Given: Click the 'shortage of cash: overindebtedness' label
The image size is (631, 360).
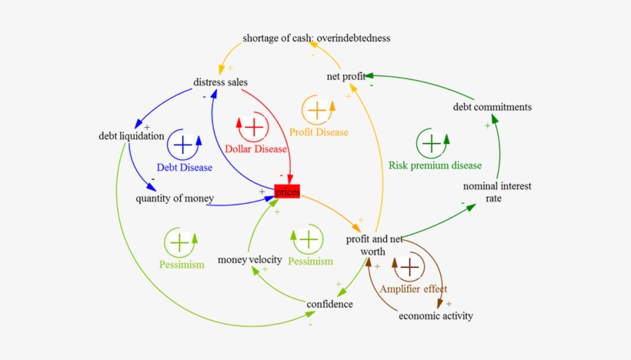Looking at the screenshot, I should pyautogui.click(x=316, y=38).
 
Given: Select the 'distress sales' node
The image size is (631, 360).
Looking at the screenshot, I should pyautogui.click(x=220, y=82).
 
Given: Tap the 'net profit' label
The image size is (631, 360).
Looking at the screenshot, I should pyautogui.click(x=346, y=76).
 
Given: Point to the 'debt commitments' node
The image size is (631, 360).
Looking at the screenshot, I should pyautogui.click(x=492, y=107).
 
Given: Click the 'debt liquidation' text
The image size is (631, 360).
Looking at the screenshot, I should pyautogui.click(x=132, y=136).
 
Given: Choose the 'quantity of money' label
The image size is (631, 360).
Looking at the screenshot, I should pyautogui.click(x=175, y=198).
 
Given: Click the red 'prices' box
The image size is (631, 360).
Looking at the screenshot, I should pyautogui.click(x=287, y=192).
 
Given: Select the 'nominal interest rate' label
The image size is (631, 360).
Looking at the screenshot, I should pyautogui.click(x=497, y=192).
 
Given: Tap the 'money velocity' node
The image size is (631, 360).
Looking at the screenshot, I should pyautogui.click(x=249, y=259).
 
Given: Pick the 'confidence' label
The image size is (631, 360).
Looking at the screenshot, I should pyautogui.click(x=329, y=304).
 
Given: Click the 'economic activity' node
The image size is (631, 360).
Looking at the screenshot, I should pyautogui.click(x=436, y=315).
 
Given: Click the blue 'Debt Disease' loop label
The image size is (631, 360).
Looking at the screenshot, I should pyautogui.click(x=183, y=166).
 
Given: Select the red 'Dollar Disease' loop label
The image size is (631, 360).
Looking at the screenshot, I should pyautogui.click(x=255, y=148).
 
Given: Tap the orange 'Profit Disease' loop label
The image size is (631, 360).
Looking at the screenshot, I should pyautogui.click(x=319, y=132).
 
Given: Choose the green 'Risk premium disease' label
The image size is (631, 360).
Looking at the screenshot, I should pyautogui.click(x=435, y=165).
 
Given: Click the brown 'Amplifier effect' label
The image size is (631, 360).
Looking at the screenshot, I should pyautogui.click(x=413, y=289).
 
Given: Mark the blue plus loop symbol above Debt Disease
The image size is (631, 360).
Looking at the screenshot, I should pyautogui.click(x=183, y=144).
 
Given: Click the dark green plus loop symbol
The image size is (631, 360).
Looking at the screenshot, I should pyautogui.click(x=432, y=143).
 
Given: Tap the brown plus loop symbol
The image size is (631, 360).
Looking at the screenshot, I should pyautogui.click(x=410, y=268).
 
